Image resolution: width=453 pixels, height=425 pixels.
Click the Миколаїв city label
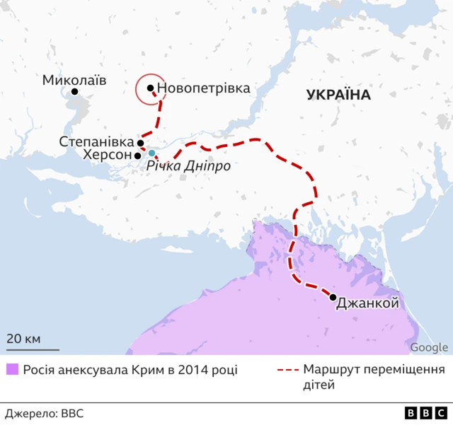click(74, 79)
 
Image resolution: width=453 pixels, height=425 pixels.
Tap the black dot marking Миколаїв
click(74, 92)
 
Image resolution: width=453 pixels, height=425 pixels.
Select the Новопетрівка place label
click(204, 88)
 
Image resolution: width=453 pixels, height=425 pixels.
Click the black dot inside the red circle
click(150, 88)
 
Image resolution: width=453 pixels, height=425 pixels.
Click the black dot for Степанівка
click(140, 143)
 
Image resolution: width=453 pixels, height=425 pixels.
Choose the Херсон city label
click(107, 155)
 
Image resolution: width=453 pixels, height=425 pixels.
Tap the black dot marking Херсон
click(137, 155)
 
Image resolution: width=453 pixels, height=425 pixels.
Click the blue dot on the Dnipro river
click(151, 153)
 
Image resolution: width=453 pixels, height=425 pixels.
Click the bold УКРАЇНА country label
click(339, 95)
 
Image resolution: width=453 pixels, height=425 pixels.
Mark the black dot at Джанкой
click(333, 297)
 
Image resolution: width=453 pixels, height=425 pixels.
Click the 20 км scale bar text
click(24, 338)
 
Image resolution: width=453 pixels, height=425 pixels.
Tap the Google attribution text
click(429, 347)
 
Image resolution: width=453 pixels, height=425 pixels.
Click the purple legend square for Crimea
click(11, 370)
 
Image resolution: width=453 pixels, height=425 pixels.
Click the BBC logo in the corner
click(425, 413)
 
